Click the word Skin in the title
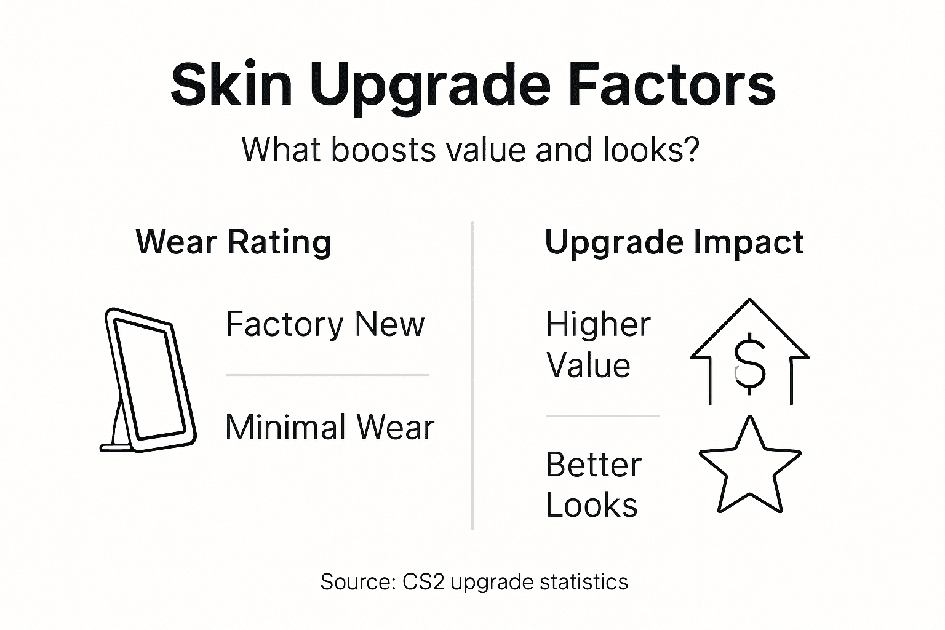[231, 85]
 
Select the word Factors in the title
[673, 85]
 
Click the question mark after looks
[692, 150]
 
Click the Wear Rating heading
[233, 242]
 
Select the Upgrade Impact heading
[674, 242]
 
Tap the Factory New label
[325, 324]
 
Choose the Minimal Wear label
[330, 426]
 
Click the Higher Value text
[597, 345]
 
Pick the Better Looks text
[592, 485]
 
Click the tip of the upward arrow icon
[749, 301]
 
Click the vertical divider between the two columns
[472, 375]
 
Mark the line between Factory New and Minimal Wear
[327, 375]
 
